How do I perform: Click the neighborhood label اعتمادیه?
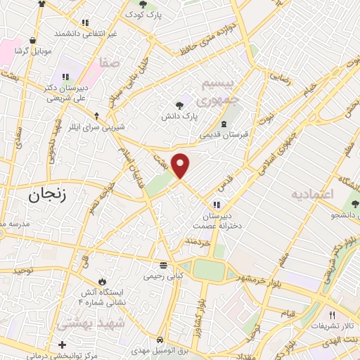coord(314,193)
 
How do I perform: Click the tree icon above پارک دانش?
coord(181,105)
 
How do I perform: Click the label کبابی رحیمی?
coord(163,276)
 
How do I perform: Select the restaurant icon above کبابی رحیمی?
coord(163,266)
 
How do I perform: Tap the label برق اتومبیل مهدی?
coord(160,350)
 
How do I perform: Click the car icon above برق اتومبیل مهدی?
coord(160,338)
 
